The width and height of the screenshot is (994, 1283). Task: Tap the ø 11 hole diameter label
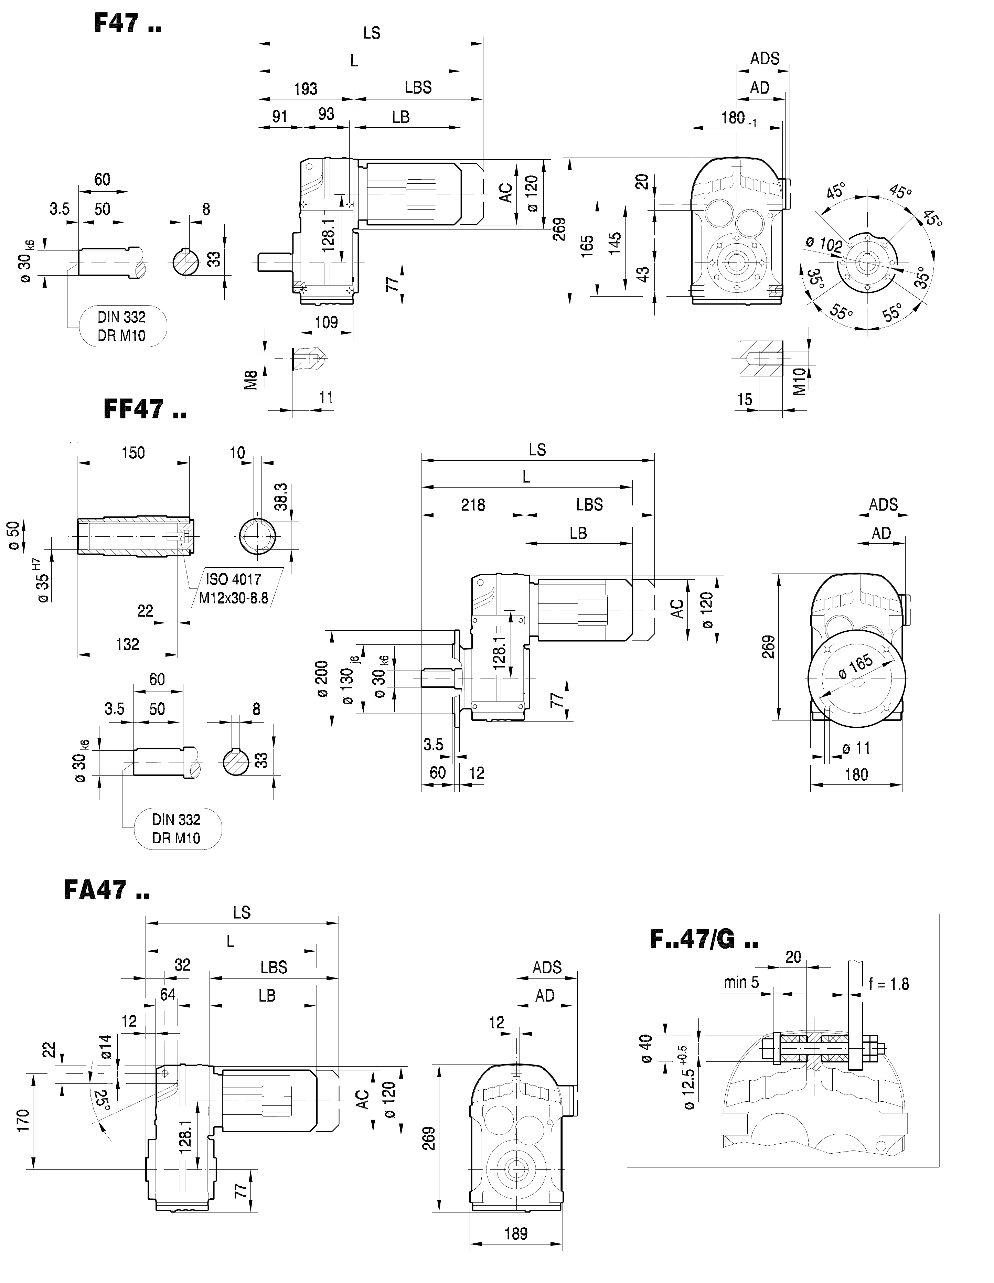855,748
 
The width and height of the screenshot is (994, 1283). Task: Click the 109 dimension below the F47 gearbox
327,322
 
